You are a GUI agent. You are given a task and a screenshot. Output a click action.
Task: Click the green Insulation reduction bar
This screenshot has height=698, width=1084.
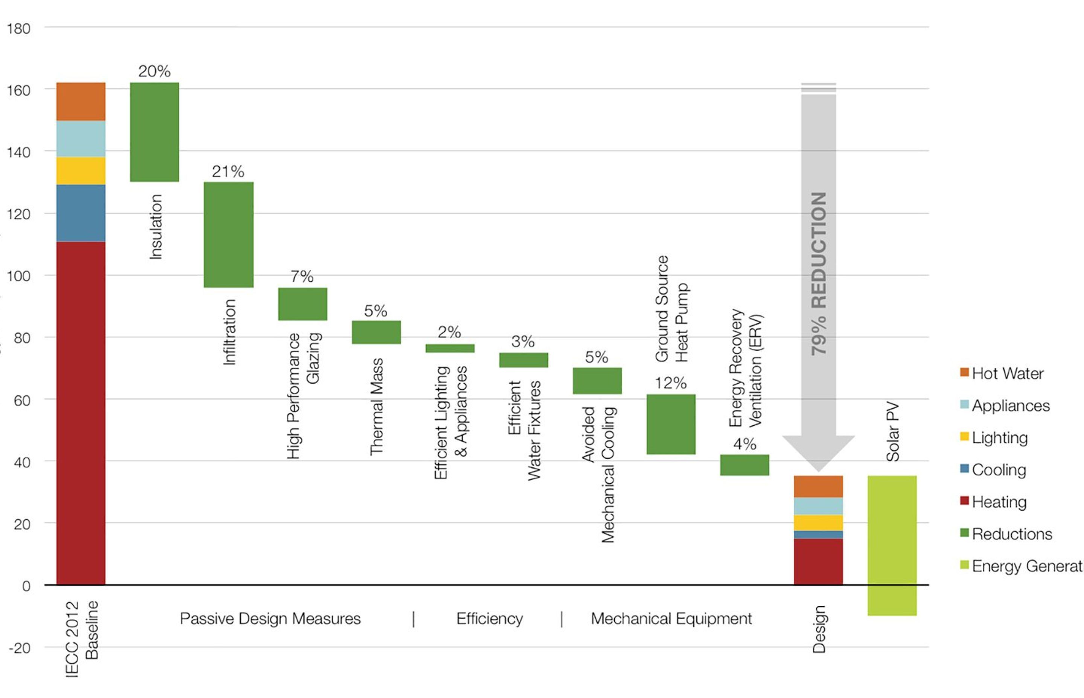pos(154,132)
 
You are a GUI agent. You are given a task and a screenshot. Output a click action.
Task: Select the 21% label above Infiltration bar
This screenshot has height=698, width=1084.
pos(228,171)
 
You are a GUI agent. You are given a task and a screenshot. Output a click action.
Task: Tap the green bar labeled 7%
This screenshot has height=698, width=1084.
pos(303,304)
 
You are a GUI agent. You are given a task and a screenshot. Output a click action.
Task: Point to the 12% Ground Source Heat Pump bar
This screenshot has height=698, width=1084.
pos(671,424)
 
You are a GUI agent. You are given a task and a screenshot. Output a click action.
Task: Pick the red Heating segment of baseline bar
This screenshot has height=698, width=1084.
pos(81,413)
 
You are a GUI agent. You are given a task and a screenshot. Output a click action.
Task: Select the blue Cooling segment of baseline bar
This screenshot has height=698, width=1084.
pos(81,213)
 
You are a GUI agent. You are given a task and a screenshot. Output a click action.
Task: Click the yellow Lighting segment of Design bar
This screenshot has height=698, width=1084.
pos(818,523)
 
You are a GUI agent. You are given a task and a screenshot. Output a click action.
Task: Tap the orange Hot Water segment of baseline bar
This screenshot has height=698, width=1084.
pos(81,102)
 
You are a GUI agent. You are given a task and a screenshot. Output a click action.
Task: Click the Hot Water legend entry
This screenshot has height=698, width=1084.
pos(1007,373)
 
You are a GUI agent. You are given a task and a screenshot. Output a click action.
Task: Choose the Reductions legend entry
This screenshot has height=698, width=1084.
pos(1011,534)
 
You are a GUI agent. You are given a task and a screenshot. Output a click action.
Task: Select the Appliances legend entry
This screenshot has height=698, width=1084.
pos(1010,406)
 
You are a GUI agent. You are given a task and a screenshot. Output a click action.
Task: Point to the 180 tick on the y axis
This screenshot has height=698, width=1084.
pos(18,29)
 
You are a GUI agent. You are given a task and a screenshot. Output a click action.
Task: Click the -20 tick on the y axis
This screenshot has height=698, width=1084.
pos(20,648)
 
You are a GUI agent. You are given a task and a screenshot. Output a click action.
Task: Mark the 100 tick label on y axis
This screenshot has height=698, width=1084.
pos(18,276)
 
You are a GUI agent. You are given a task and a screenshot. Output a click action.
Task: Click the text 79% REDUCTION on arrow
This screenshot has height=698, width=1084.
pos(819,274)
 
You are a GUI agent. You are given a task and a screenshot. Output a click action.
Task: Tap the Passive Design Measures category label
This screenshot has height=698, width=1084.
pos(270,619)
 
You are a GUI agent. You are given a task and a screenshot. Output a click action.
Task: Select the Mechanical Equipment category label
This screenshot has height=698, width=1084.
pos(671,619)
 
